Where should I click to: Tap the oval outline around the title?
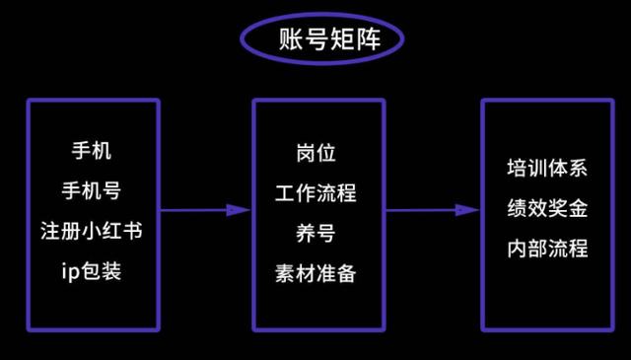(244, 40)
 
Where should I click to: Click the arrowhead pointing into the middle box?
(239, 209)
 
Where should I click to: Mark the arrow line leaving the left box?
(192, 209)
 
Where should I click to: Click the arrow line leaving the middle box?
(419, 209)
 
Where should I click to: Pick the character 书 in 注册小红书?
(131, 231)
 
